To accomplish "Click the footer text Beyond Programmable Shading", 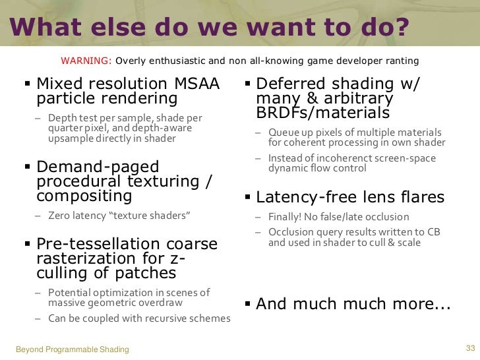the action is tap(72, 349).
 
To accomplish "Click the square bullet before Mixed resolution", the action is tap(28, 84).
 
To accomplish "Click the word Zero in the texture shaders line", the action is tap(59, 216).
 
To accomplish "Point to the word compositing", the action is tap(84, 196).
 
